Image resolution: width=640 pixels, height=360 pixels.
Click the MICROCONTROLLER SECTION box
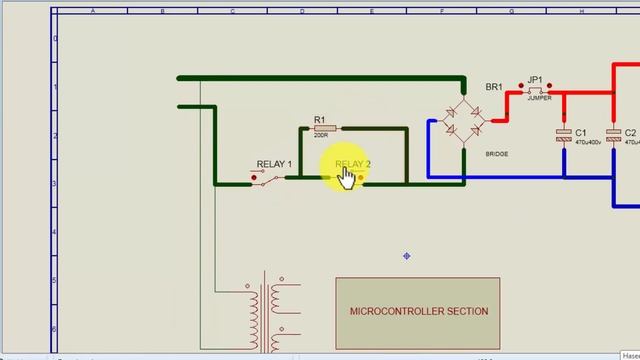pyautogui.click(x=418, y=311)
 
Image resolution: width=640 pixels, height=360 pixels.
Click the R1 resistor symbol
pyautogui.click(x=325, y=128)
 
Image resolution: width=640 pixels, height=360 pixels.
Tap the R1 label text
pyautogui.click(x=320, y=120)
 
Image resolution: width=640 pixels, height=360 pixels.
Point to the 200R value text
pyautogui.click(x=321, y=136)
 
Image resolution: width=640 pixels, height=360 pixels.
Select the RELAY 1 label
pyautogui.click(x=275, y=164)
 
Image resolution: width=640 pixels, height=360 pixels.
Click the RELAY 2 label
pyautogui.click(x=353, y=164)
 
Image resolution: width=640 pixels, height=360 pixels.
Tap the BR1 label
pyautogui.click(x=493, y=87)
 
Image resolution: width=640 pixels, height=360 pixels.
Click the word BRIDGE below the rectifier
pyautogui.click(x=496, y=154)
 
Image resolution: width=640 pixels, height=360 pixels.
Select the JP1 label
pyautogui.click(x=535, y=80)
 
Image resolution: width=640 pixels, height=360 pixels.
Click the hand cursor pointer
pyautogui.click(x=346, y=176)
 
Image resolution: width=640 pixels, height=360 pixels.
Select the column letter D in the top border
pyautogui.click(x=302, y=12)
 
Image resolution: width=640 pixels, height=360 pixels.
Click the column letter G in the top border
pyautogui.click(x=511, y=12)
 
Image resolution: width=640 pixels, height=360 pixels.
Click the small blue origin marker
pyautogui.click(x=407, y=256)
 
